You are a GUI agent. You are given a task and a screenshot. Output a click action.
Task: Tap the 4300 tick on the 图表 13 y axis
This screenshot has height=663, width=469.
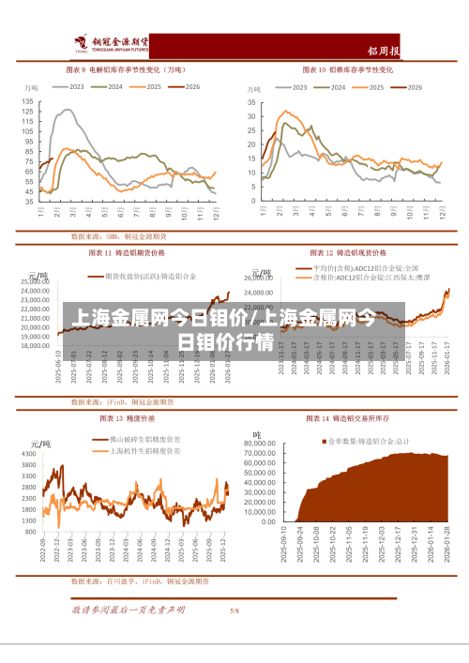click(28, 454)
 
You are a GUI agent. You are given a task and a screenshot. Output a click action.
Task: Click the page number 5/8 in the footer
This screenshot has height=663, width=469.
click(234, 610)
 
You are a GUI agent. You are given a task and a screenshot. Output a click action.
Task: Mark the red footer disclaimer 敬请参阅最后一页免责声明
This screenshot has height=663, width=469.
click(129, 610)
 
